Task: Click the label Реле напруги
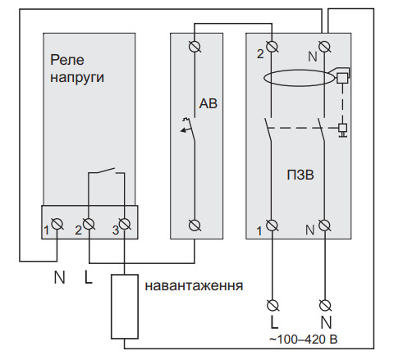coord(78,68)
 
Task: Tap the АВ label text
coord(208,103)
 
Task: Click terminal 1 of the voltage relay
coord(58,224)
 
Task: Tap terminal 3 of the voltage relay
coord(124,224)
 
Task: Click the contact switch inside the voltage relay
coord(105,173)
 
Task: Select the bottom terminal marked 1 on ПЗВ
coord(272,224)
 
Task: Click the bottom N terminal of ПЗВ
coord(325,224)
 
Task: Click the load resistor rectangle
coord(124,306)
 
